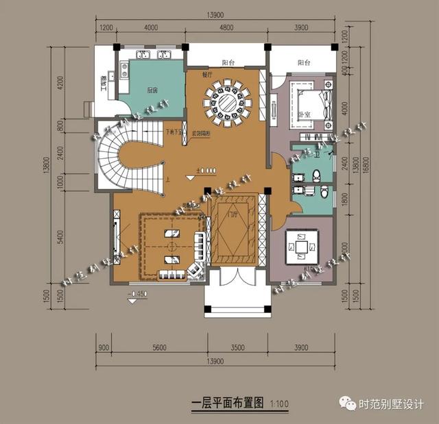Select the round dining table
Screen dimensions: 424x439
point(227,103)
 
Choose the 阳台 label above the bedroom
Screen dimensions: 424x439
point(304,63)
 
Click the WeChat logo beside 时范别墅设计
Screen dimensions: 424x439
point(350,404)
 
